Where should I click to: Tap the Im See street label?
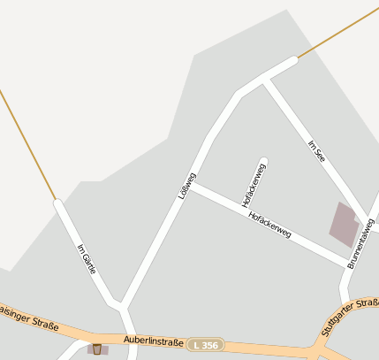(317, 149)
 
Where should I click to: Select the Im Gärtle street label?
(86, 258)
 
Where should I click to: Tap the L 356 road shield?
(206, 344)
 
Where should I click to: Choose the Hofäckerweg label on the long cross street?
(269, 225)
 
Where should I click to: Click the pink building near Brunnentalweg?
(345, 224)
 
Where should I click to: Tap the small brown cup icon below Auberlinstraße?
(97, 349)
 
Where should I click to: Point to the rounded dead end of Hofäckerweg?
(262, 162)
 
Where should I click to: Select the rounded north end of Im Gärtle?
(58, 204)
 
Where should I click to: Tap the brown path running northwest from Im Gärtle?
(27, 142)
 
